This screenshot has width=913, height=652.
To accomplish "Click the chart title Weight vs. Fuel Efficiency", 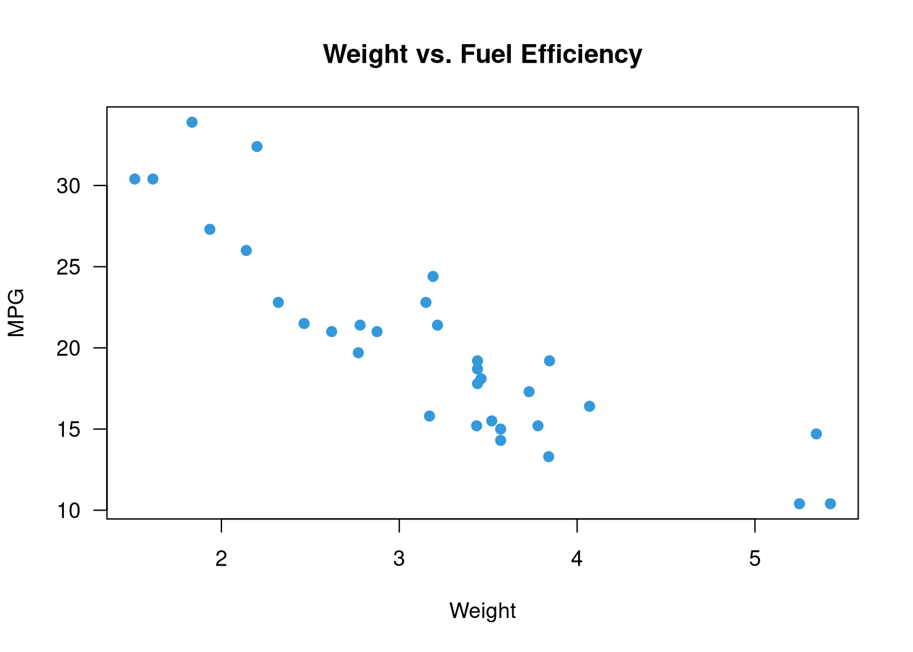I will (x=482, y=54).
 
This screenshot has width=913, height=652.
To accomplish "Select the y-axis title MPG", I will (x=16, y=312).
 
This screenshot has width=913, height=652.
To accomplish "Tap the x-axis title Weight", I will (x=482, y=611).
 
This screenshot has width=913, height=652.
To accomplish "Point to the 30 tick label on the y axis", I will (x=69, y=185).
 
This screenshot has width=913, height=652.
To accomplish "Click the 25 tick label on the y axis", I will (x=69, y=267).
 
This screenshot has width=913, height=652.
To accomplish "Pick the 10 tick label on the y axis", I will (x=69, y=511).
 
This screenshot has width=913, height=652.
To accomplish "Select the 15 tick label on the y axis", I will (x=69, y=429).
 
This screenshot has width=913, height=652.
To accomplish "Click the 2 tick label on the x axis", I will (x=221, y=559).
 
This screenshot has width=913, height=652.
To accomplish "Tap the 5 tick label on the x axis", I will (x=755, y=559).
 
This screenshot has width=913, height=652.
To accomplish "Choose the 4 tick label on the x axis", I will (x=577, y=559).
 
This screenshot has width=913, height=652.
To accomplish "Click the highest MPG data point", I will (x=192, y=122).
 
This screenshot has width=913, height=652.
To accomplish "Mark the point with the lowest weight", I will (x=135, y=179).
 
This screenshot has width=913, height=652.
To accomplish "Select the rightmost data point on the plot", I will (x=830, y=503).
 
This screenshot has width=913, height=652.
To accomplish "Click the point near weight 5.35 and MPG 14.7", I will (x=817, y=434).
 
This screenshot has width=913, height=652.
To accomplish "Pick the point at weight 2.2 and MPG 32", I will (x=257, y=147).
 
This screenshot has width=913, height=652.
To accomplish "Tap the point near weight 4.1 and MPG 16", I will (x=590, y=406).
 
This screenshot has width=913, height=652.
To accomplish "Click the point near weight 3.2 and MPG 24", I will (x=433, y=276).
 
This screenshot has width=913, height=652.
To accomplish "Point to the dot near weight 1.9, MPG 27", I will (x=210, y=230).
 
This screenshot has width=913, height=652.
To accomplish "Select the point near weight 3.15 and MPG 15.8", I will (x=429, y=416).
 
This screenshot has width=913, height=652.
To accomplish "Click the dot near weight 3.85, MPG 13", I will (x=549, y=456).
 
